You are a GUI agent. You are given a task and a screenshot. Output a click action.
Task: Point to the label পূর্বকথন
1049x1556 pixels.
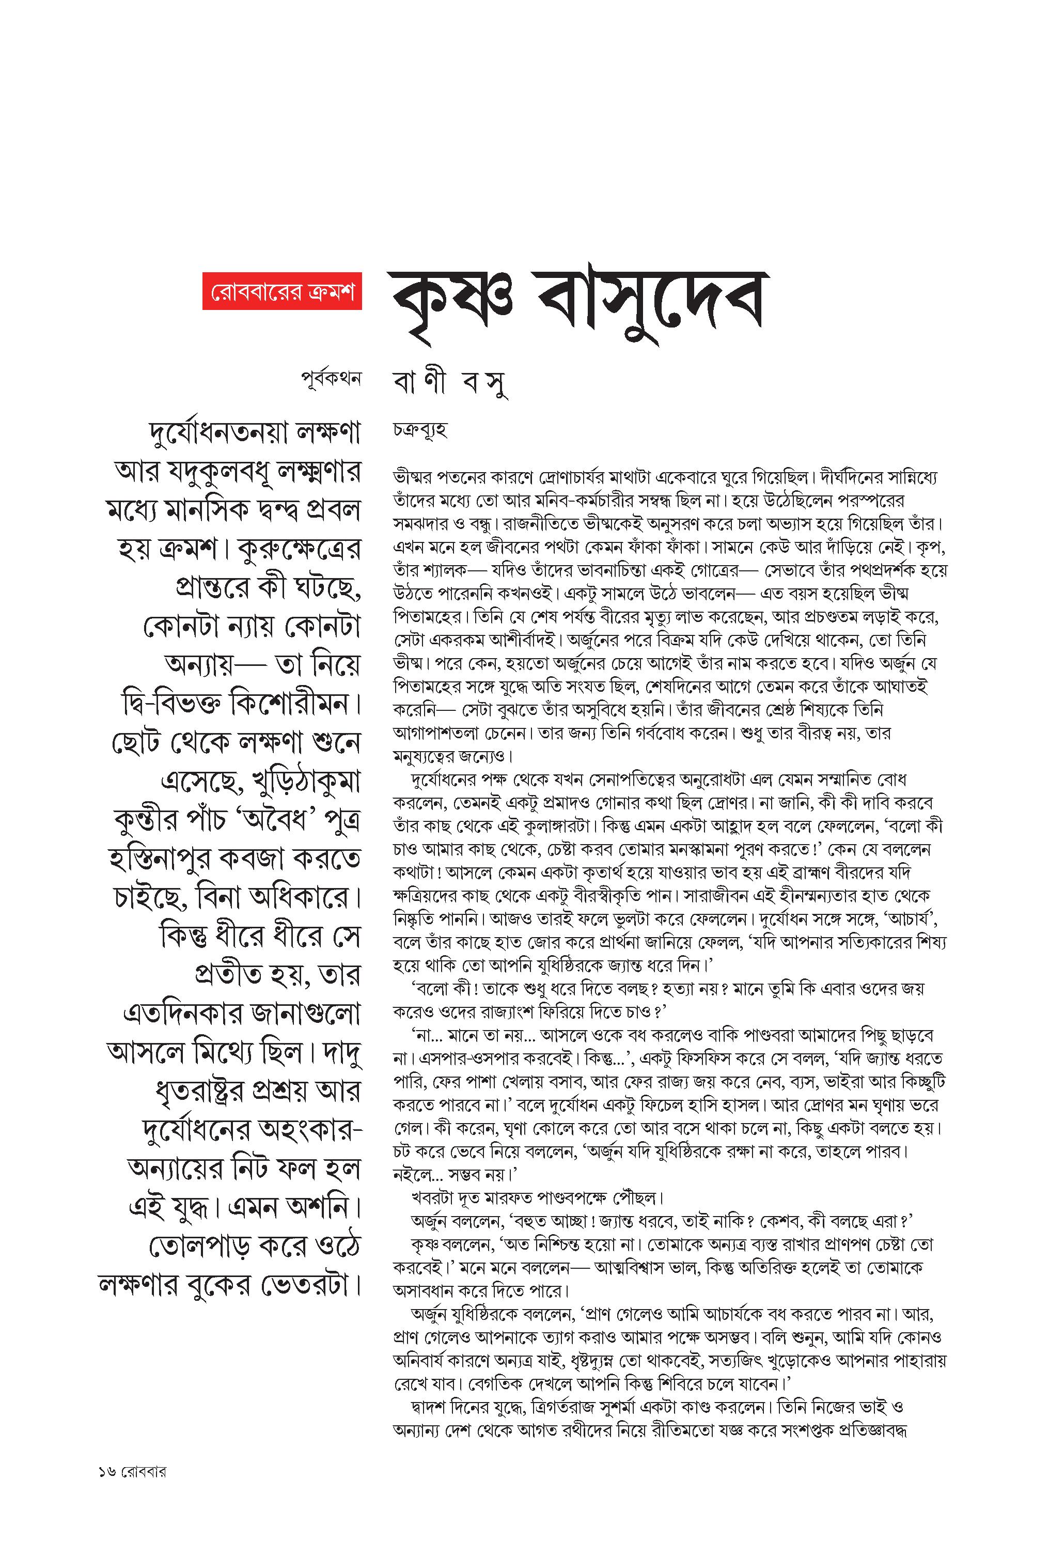331,378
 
